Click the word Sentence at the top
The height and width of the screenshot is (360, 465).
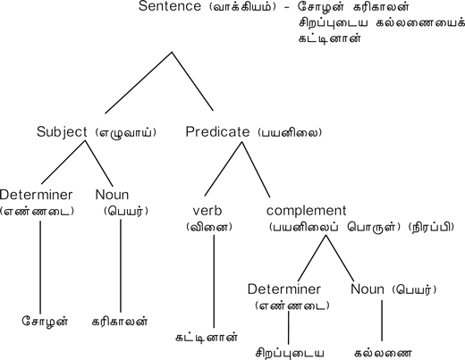pos(170,6)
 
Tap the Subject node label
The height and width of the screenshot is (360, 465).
pos(62,132)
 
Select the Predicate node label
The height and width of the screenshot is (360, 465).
pos(217,131)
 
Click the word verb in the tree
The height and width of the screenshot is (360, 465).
pos(207,211)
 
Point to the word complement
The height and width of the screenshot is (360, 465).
pos(307,211)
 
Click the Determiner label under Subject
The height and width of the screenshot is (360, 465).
pos(36,195)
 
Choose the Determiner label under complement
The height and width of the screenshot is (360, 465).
pos(284,289)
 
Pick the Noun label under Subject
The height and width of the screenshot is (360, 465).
pos(112,195)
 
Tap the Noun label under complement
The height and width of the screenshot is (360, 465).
pos(368,289)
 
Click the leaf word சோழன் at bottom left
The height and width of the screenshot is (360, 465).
pos(45,322)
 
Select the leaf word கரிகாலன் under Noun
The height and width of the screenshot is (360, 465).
pos(120,322)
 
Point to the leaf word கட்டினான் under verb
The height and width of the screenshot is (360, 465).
pos(207,338)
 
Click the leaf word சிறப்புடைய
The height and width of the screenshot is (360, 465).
pos(290,354)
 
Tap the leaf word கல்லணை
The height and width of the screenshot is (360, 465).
pos(384,354)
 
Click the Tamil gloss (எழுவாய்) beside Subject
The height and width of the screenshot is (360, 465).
pos(126,132)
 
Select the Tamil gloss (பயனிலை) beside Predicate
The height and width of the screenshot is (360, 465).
pos(290,132)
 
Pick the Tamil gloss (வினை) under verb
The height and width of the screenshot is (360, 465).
pos(209,227)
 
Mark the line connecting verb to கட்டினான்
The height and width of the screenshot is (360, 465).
pos(214,281)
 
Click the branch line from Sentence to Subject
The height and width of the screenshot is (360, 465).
pos(139,83)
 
